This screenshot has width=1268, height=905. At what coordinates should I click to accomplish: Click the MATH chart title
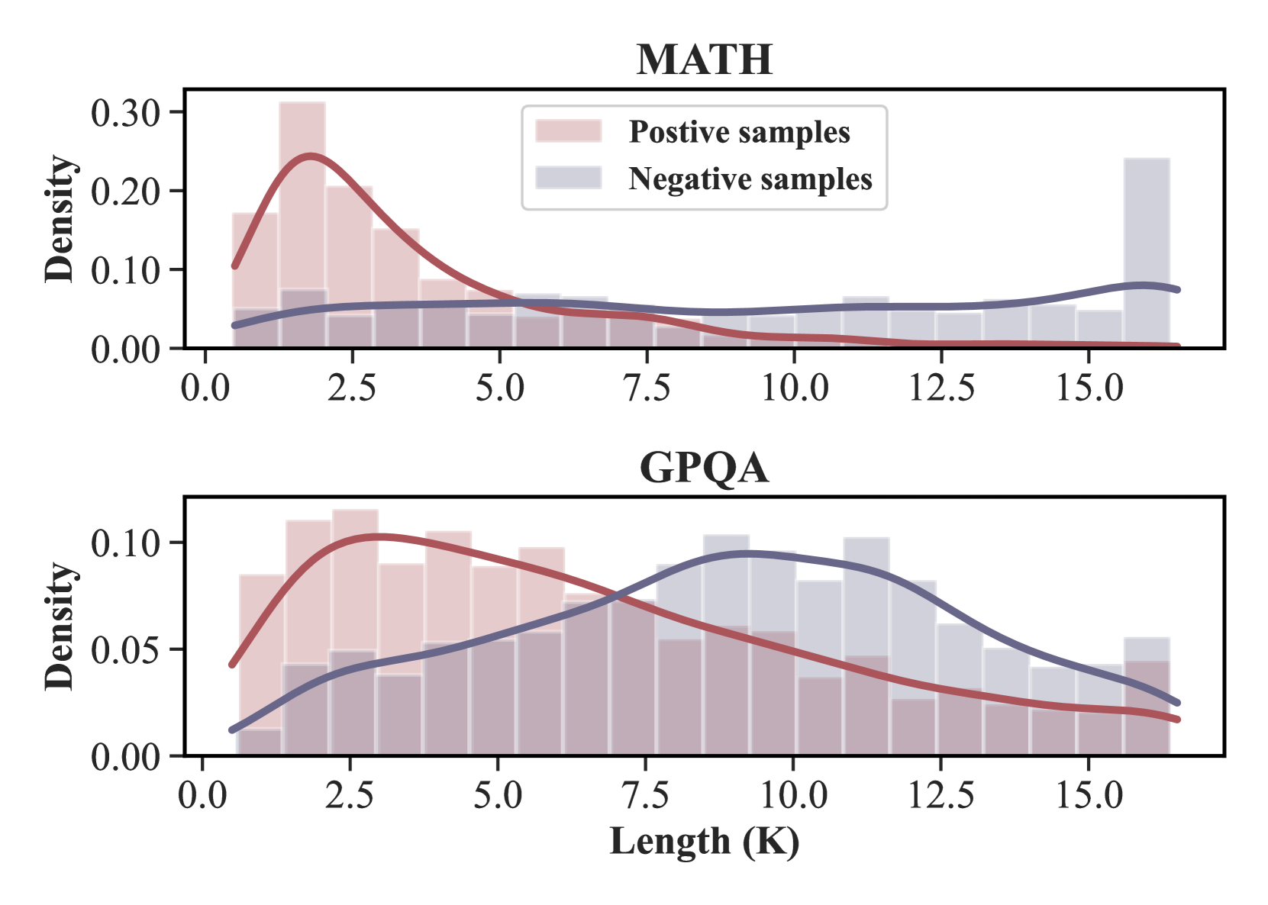pyautogui.click(x=704, y=60)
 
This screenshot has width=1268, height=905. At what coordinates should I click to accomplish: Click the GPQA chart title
pyautogui.click(x=704, y=468)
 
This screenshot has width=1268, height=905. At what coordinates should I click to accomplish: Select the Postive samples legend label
pyautogui.click(x=739, y=132)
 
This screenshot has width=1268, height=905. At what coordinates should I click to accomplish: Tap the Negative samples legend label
pyautogui.click(x=750, y=179)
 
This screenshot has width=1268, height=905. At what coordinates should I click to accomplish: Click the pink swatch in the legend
pyautogui.click(x=568, y=131)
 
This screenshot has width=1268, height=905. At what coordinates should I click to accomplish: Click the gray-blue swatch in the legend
pyautogui.click(x=568, y=178)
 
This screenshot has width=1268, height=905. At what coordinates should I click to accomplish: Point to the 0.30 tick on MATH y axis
pyautogui.click(x=125, y=113)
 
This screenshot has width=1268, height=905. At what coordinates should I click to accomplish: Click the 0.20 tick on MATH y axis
pyautogui.click(x=125, y=192)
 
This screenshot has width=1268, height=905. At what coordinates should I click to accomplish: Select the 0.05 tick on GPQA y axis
pyautogui.click(x=125, y=650)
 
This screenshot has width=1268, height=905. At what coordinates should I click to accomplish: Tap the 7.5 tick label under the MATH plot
pyautogui.click(x=647, y=388)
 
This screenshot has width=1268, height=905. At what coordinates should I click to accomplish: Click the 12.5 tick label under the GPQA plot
pyautogui.click(x=941, y=796)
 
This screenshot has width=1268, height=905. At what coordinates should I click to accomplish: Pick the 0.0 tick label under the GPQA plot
pyautogui.click(x=202, y=796)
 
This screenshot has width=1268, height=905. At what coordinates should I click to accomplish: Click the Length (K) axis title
pyautogui.click(x=704, y=842)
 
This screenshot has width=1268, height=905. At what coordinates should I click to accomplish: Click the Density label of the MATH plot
pyautogui.click(x=60, y=219)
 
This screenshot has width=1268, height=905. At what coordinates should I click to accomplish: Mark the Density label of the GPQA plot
pyautogui.click(x=60, y=626)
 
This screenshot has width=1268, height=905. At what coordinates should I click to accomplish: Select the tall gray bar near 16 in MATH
pyautogui.click(x=1147, y=252)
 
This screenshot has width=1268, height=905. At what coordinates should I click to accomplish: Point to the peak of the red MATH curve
pyautogui.click(x=310, y=156)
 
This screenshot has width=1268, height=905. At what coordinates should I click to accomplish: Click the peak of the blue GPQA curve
pyautogui.click(x=747, y=553)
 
